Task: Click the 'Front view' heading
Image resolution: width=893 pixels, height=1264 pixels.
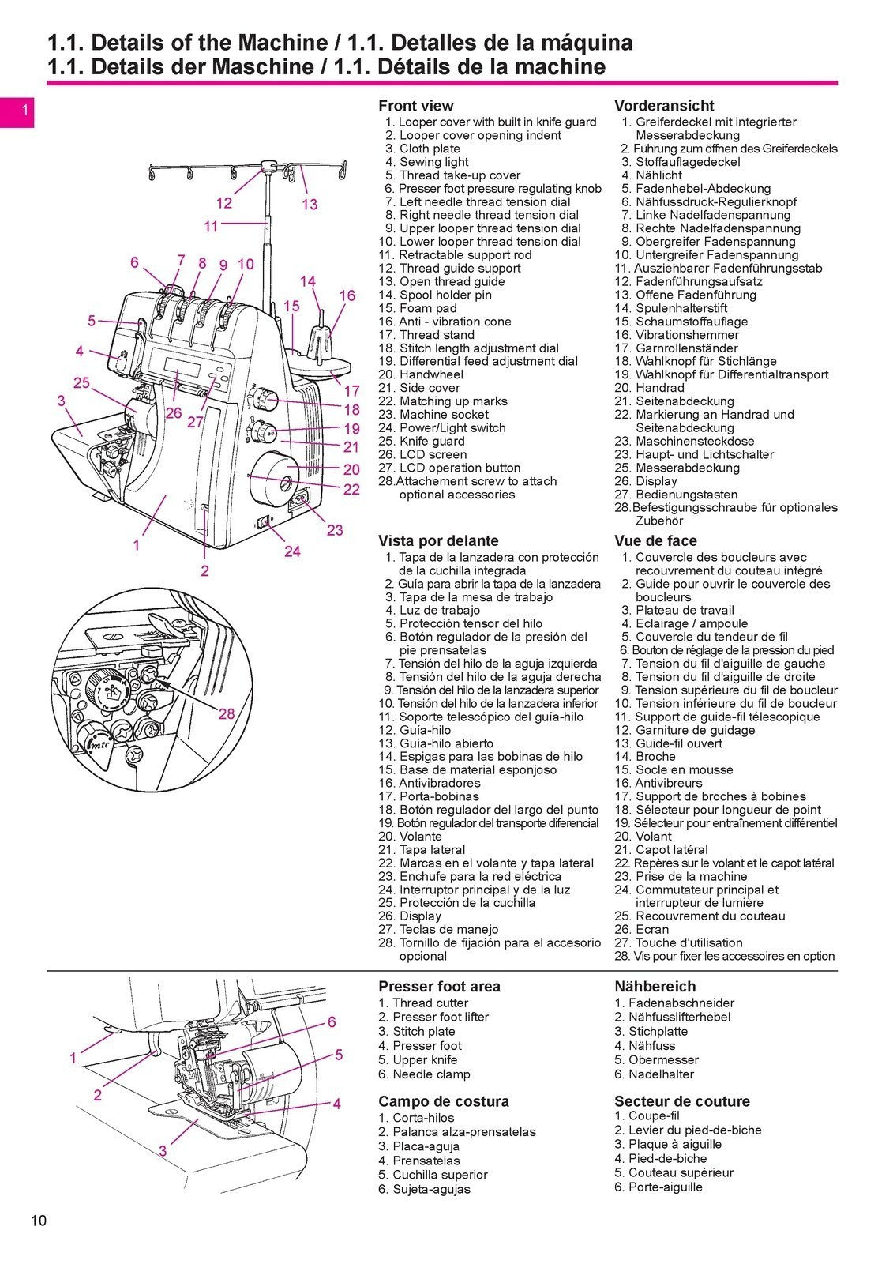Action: tap(415, 106)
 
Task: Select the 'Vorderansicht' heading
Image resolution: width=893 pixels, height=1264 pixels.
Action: tap(663, 106)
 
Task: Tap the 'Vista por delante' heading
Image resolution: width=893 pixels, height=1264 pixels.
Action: tap(438, 541)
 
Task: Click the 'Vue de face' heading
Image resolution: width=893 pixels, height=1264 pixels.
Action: tap(655, 541)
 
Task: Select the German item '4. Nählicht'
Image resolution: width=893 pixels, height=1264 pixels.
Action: tap(652, 175)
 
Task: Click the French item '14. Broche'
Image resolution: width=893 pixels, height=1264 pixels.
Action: tap(645, 757)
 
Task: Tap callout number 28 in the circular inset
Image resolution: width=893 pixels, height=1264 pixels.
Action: tap(227, 714)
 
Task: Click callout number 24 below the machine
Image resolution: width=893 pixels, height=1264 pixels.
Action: tap(292, 551)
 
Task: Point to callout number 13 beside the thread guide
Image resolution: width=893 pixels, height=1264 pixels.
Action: tap(310, 205)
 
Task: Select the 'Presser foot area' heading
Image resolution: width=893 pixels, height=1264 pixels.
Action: tap(439, 987)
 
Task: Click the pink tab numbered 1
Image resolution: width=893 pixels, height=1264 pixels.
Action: tap(24, 111)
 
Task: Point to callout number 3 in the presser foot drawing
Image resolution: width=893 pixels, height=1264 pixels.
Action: tap(163, 1151)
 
